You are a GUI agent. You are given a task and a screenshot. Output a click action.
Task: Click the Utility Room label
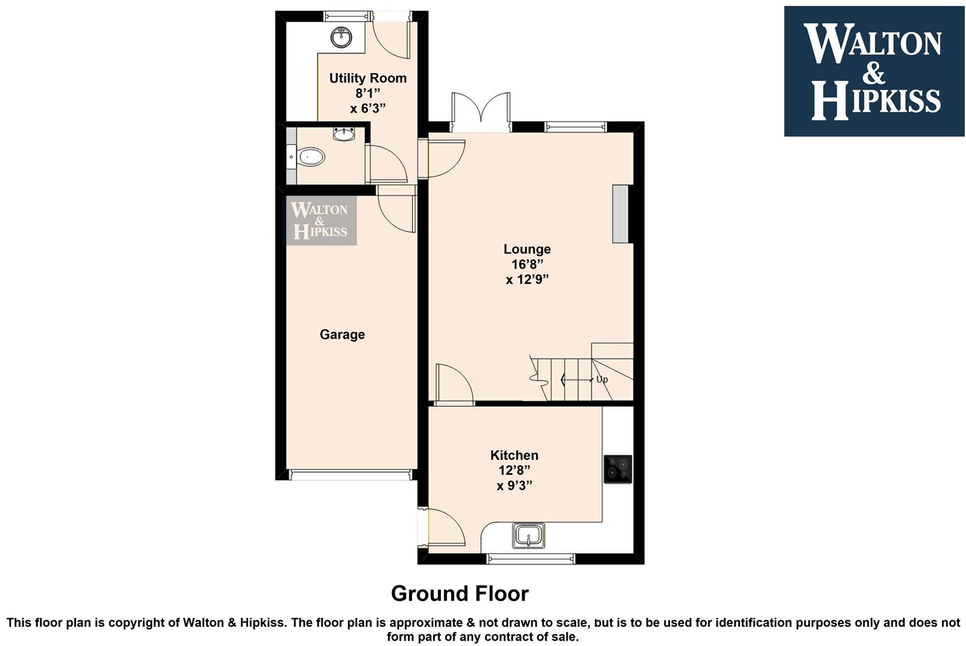click(368, 78)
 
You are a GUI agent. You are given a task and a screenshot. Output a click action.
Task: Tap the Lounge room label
click(527, 249)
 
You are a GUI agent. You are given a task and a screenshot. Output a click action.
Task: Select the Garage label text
click(342, 334)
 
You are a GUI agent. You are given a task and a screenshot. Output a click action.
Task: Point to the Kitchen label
click(514, 455)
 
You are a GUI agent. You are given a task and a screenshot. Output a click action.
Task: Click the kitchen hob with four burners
click(617, 469)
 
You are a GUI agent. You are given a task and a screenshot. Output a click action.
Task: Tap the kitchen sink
click(528, 535)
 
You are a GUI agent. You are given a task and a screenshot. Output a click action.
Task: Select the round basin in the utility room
click(342, 37)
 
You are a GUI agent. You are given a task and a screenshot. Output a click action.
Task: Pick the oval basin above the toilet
click(344, 133)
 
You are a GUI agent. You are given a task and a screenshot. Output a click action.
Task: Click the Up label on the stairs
click(602, 379)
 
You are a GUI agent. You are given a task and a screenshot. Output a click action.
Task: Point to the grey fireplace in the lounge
click(620, 214)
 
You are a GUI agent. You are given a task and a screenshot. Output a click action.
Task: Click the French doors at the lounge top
click(481, 112)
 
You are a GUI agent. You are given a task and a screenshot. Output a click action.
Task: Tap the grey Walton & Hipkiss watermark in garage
click(321, 220)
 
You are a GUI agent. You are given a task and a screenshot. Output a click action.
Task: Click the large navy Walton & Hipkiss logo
click(874, 72)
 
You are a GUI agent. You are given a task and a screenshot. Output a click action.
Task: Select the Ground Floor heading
click(460, 594)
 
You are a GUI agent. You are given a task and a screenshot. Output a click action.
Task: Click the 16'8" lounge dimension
click(528, 264)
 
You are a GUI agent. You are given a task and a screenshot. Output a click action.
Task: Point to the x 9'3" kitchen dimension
click(514, 486)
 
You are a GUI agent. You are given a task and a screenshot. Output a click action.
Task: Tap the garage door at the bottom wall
click(351, 475)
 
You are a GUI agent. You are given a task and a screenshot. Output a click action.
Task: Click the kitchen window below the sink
click(531, 559)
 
